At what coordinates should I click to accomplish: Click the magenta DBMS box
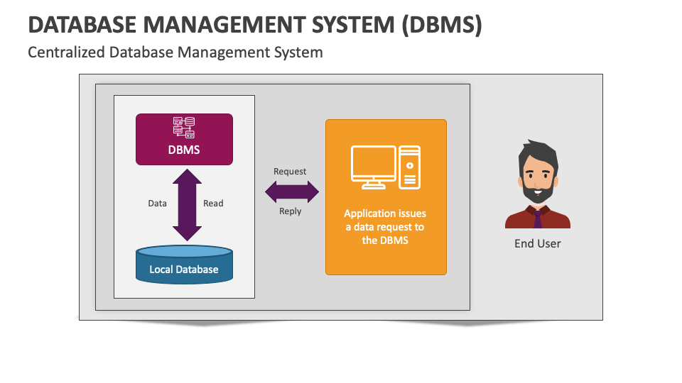click(x=184, y=140)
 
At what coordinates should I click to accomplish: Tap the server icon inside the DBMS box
click(x=184, y=128)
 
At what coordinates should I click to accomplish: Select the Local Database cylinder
click(x=184, y=265)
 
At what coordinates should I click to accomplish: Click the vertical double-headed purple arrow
click(x=187, y=205)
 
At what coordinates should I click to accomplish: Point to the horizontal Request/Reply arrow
click(x=292, y=191)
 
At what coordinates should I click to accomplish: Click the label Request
click(x=290, y=172)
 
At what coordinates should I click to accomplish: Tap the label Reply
click(x=290, y=211)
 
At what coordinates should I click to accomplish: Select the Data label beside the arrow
click(x=157, y=204)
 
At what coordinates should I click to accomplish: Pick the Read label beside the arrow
click(x=213, y=204)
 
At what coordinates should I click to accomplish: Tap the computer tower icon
click(x=410, y=167)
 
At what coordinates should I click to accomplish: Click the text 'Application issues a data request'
click(x=385, y=220)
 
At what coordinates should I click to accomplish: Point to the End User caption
click(x=538, y=243)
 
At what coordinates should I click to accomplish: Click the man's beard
click(x=538, y=193)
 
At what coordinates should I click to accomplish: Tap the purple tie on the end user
click(x=538, y=219)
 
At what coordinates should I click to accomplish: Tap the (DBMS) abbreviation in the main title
click(x=441, y=25)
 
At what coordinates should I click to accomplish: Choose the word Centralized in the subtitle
click(x=66, y=52)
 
